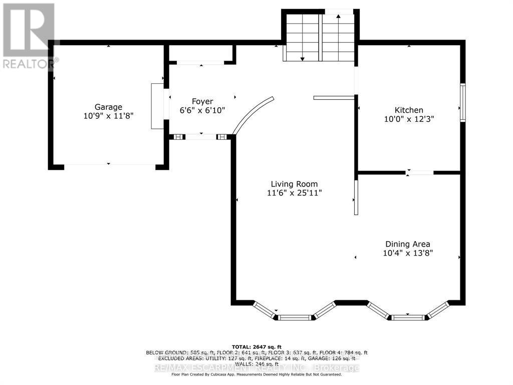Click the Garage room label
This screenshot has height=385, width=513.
[x=109, y=107]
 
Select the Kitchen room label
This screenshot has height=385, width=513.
[x=409, y=110]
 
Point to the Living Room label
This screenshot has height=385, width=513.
[x=294, y=184]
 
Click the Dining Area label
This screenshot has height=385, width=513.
[x=407, y=244]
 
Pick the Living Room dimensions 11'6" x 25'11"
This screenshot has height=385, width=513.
[x=294, y=193]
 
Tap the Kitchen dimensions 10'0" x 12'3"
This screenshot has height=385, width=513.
[x=409, y=119]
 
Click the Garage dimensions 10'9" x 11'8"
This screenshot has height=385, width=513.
[x=109, y=116]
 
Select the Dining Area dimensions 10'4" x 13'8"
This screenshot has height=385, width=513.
[x=407, y=253]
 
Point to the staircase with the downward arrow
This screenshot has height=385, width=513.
[x=302, y=36]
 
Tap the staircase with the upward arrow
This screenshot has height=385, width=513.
[x=338, y=36]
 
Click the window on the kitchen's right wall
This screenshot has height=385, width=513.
[x=463, y=102]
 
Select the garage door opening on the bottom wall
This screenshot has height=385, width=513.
[x=109, y=165]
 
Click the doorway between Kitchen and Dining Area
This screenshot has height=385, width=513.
[x=419, y=172]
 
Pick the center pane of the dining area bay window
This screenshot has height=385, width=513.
[x=408, y=317]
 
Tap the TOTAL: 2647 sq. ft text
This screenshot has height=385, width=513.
[x=256, y=347]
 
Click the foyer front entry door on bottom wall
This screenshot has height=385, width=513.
[x=201, y=136]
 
